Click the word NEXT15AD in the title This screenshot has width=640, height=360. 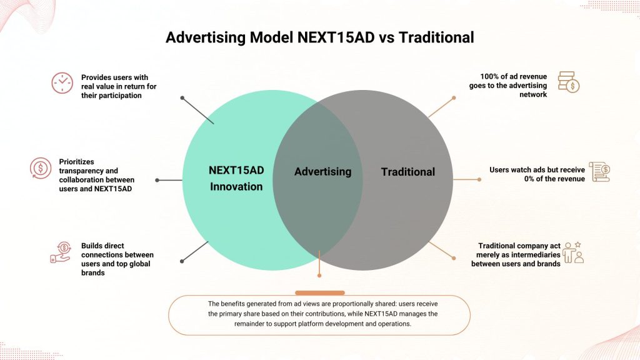(x=336, y=37)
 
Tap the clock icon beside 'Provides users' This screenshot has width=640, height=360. (x=62, y=83)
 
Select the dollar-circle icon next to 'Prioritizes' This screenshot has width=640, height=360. (x=41, y=168)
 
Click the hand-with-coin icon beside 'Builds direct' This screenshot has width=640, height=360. (x=61, y=252)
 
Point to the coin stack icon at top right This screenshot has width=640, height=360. (x=569, y=82)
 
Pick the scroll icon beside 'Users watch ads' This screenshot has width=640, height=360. (x=599, y=172)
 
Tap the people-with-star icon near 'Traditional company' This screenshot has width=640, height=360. (x=573, y=252)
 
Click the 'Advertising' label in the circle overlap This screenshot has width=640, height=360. (x=323, y=171)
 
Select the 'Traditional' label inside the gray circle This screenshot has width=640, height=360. (x=408, y=172)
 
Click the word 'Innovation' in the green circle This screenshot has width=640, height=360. (x=236, y=186)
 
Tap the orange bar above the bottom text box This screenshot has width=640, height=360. (x=320, y=292)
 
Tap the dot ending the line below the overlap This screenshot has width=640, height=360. (x=319, y=276)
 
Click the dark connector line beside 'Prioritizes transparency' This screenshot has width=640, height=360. (x=169, y=180)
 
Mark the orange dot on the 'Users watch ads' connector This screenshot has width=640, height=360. (x=479, y=179)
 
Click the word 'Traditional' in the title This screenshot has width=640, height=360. (x=436, y=37)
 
